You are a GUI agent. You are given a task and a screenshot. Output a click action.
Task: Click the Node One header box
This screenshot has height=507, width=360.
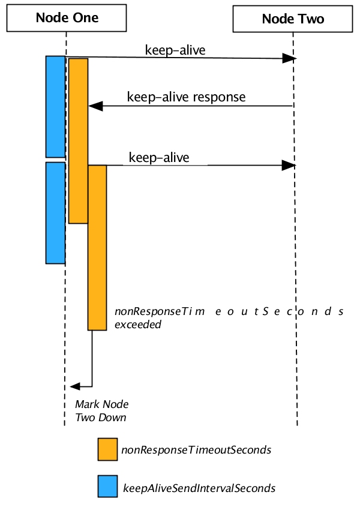[67, 18]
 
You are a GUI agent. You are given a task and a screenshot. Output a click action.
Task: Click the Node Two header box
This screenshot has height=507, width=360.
[293, 19]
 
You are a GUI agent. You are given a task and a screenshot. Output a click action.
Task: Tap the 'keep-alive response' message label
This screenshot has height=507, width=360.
[186, 97]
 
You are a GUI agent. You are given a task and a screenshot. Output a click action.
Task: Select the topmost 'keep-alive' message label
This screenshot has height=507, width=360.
[175, 50]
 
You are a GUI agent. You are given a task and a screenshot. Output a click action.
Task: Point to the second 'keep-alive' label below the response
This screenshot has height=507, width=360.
[159, 158]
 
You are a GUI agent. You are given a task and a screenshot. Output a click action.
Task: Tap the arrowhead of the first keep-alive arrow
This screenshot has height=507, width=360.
[290, 58]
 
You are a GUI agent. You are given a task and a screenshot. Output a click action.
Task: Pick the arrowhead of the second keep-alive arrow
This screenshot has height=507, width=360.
[290, 165]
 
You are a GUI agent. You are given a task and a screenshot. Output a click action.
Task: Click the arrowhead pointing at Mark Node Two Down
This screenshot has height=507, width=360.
[75, 386]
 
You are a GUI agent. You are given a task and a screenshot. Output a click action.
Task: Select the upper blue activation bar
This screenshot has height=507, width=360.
[55, 106]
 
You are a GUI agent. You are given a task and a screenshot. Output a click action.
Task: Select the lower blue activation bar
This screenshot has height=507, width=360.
[55, 212]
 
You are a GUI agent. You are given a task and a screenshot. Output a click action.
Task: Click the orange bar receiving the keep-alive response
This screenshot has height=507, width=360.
[78, 140]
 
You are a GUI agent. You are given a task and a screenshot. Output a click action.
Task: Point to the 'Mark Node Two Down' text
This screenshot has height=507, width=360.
[101, 410]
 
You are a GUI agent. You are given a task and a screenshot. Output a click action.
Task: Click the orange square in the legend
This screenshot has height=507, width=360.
[107, 449]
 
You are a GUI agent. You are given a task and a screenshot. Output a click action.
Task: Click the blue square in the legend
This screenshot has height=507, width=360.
[107, 487]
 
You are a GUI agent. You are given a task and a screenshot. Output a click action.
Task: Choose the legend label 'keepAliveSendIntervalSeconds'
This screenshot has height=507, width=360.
[199, 487]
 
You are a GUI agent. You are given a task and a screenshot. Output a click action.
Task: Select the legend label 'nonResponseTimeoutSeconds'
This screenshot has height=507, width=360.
[196, 449]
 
